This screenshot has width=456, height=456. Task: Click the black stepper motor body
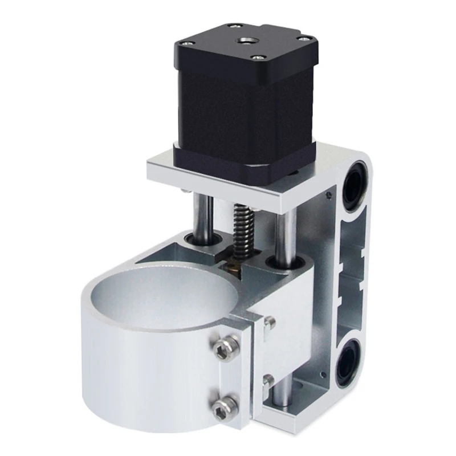[x=239, y=108]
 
